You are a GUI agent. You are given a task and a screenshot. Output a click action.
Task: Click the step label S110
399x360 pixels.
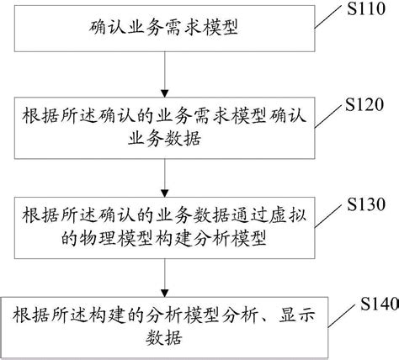(363, 11)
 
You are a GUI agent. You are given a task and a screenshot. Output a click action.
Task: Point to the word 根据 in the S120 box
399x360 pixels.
(35, 118)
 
